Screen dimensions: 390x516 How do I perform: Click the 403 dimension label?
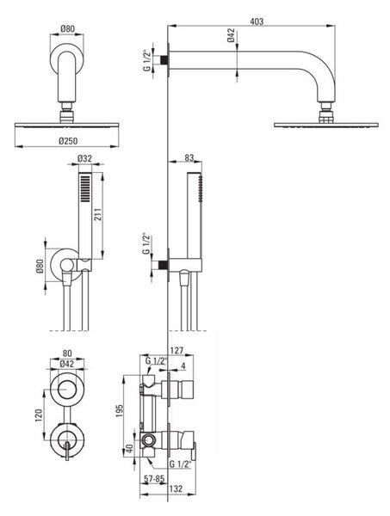pos(257,21)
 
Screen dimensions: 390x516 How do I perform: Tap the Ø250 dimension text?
pos(68,141)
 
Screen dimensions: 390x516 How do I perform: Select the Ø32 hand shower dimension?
pos(84,158)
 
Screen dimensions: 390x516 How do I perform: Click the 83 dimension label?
pos(189,158)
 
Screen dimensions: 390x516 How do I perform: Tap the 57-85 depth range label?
pos(154,479)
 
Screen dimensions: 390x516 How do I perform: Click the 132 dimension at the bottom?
pos(176,488)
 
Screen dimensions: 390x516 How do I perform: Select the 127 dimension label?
pos(176,351)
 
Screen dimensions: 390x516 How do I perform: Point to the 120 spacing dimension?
pos(39,415)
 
